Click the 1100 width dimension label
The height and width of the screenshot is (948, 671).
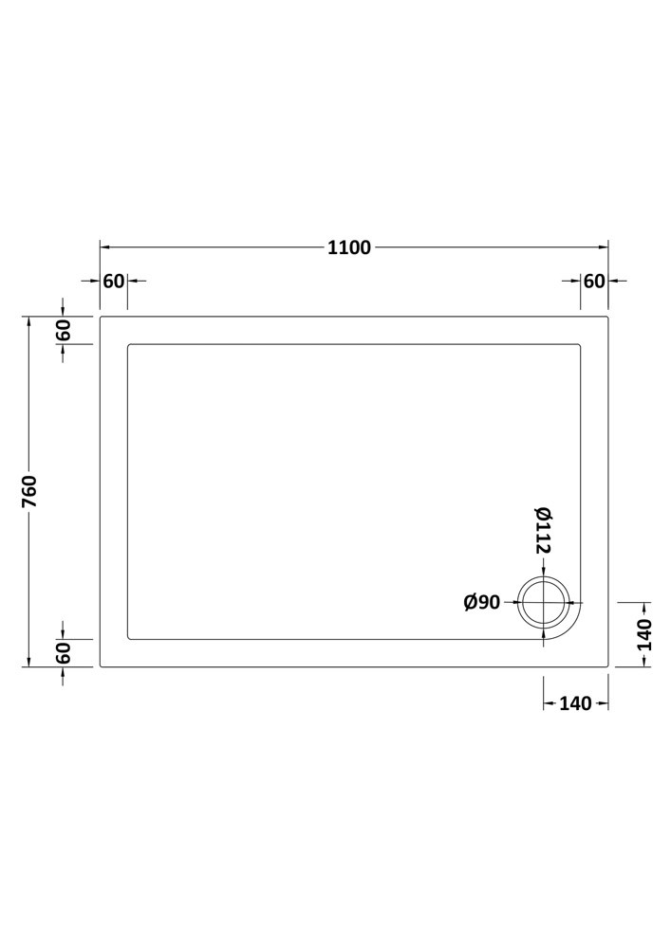[349, 247]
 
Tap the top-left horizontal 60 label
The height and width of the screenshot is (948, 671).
[114, 282]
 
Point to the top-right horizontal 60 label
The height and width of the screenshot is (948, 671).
[594, 282]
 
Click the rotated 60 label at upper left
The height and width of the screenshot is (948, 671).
[65, 330]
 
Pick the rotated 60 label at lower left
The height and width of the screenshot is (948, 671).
[65, 653]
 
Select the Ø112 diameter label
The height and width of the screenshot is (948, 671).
[542, 531]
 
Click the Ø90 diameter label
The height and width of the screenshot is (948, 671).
[482, 602]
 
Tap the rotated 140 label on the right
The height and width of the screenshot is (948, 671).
[645, 634]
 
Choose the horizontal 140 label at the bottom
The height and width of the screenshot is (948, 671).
[575, 703]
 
